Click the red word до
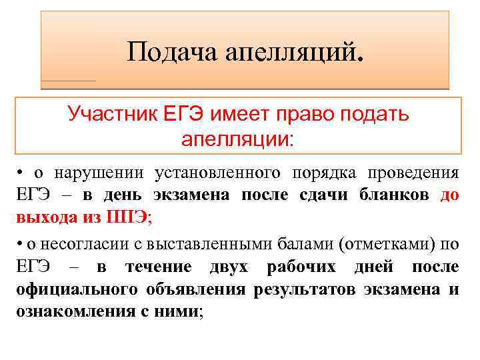[449, 195]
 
